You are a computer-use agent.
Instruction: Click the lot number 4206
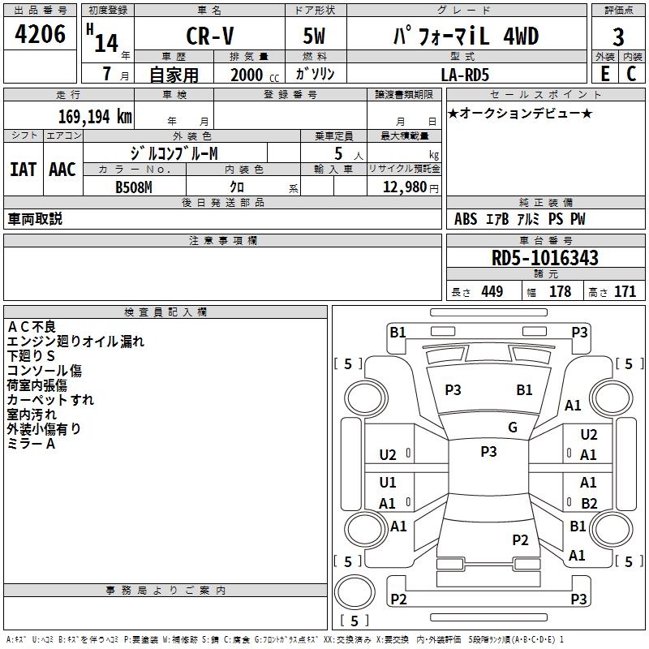(41, 35)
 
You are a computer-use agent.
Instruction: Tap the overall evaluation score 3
(618, 37)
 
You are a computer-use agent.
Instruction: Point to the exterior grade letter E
(604, 72)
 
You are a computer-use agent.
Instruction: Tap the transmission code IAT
(23, 170)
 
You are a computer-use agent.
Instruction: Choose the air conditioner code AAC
(62, 170)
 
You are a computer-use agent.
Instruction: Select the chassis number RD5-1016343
(545, 258)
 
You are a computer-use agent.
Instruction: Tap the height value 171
(625, 291)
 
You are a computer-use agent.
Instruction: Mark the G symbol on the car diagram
(512, 428)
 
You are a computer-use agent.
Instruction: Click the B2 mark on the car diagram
(589, 503)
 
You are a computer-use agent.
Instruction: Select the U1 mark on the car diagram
(388, 483)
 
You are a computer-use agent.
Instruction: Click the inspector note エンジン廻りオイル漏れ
(75, 342)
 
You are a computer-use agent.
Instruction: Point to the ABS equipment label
(466, 219)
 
